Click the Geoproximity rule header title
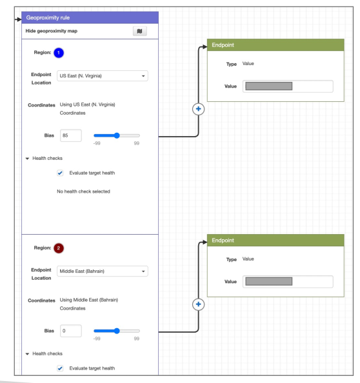click(x=48, y=17)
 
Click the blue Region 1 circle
click(x=59, y=53)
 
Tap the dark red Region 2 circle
click(x=59, y=248)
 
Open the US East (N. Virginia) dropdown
click(x=103, y=75)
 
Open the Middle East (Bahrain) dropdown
click(x=103, y=271)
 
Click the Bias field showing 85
click(x=71, y=135)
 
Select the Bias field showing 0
click(x=71, y=331)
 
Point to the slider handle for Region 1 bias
click(x=117, y=135)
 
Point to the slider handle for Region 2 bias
click(x=117, y=331)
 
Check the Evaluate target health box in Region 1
click(x=60, y=173)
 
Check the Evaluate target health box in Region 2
click(x=60, y=368)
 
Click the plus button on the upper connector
click(x=199, y=109)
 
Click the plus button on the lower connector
click(x=199, y=304)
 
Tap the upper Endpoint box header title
click(x=223, y=45)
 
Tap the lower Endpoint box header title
click(x=223, y=241)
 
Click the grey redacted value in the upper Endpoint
click(x=269, y=86)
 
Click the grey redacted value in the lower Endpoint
click(x=269, y=281)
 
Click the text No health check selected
click(x=83, y=191)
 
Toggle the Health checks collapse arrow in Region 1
click(x=27, y=159)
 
